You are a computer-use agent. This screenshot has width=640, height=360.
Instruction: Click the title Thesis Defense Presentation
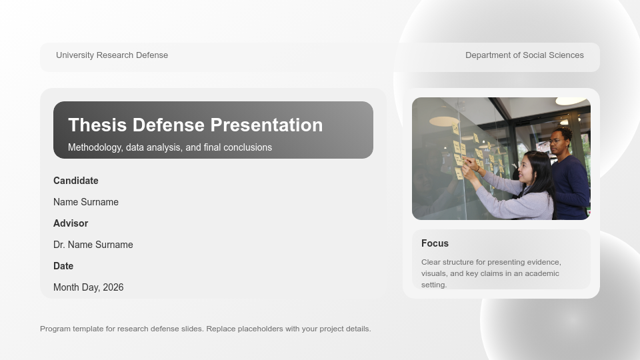tap(195, 125)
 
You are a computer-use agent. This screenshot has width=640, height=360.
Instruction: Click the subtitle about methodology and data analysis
tap(170, 147)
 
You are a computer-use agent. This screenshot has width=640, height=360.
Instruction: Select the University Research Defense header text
tap(112, 55)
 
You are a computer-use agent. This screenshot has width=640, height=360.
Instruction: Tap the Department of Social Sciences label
tap(525, 55)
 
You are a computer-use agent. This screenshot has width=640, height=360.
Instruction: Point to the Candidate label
tap(76, 181)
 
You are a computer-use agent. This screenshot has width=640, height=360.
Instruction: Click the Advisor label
tap(71, 223)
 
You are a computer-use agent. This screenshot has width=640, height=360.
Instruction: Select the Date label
tap(63, 266)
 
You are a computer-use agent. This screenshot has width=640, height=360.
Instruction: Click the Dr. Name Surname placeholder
tap(93, 245)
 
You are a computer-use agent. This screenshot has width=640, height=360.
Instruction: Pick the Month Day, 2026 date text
tap(88, 287)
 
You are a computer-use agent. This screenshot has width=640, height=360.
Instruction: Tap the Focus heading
tap(435, 243)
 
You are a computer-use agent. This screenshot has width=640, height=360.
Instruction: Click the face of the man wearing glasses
tap(558, 141)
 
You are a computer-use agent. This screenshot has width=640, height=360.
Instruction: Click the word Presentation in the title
tap(267, 125)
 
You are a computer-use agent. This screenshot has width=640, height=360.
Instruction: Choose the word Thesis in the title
tap(97, 125)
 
